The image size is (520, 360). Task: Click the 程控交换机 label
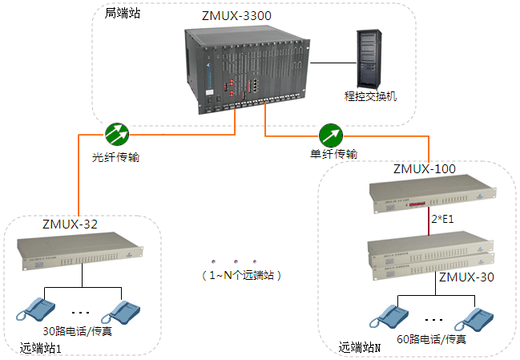(370, 97)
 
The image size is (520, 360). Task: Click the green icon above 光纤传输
(117, 132)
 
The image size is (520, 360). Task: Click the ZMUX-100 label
(425, 169)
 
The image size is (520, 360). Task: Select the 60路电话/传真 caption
(432, 340)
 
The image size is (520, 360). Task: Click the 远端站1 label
(41, 349)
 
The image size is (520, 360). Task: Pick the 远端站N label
(359, 347)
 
